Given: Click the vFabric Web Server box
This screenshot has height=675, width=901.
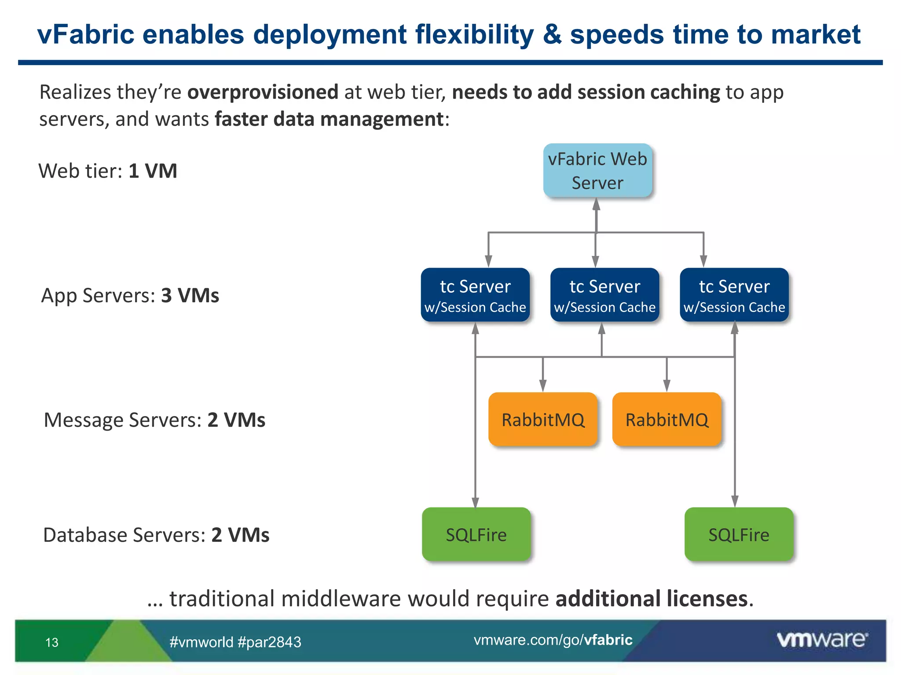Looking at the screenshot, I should [x=597, y=171].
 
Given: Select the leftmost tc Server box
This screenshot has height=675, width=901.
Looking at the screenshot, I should [x=475, y=295].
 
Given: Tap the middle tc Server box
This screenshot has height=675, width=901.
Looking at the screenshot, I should [x=604, y=295].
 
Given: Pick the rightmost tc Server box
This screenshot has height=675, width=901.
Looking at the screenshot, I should [x=734, y=295].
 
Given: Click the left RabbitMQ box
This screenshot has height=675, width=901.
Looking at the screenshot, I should [x=543, y=419].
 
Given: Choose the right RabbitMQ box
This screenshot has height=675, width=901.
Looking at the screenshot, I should [x=667, y=419].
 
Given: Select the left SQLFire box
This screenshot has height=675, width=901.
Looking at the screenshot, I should [x=476, y=534].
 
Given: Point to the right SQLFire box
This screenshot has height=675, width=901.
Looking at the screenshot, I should [x=739, y=534].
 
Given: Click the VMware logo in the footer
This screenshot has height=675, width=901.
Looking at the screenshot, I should [x=822, y=639].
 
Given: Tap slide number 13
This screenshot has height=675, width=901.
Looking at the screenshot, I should [x=51, y=642].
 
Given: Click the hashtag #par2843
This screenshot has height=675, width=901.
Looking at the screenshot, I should [x=269, y=642].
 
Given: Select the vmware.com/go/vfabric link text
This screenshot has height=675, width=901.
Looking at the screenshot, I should [x=553, y=640].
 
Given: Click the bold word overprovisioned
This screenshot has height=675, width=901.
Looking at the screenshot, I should [x=263, y=92].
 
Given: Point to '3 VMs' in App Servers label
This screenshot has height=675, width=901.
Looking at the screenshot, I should [x=190, y=295].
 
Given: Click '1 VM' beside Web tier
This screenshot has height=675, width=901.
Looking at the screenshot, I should [x=153, y=171].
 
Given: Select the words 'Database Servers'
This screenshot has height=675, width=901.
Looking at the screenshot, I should [x=124, y=535].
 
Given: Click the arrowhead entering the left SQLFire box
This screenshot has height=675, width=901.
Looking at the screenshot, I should [x=475, y=502].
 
